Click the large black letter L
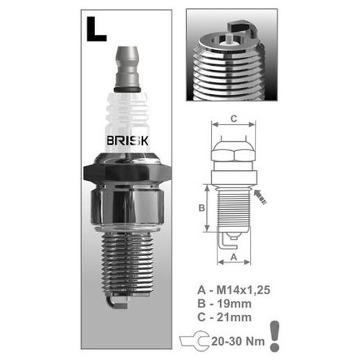(96, 30)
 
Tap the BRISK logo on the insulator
(127, 141)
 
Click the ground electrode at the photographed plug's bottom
(117, 303)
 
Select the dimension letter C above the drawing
(234, 119)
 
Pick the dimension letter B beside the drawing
(201, 208)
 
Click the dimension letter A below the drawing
(234, 257)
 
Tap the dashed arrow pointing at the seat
(260, 197)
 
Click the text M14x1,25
(243, 290)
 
